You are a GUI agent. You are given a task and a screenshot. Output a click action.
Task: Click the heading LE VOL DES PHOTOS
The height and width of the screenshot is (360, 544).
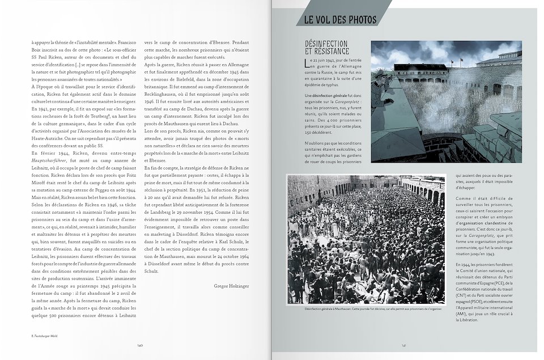click(340, 19)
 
